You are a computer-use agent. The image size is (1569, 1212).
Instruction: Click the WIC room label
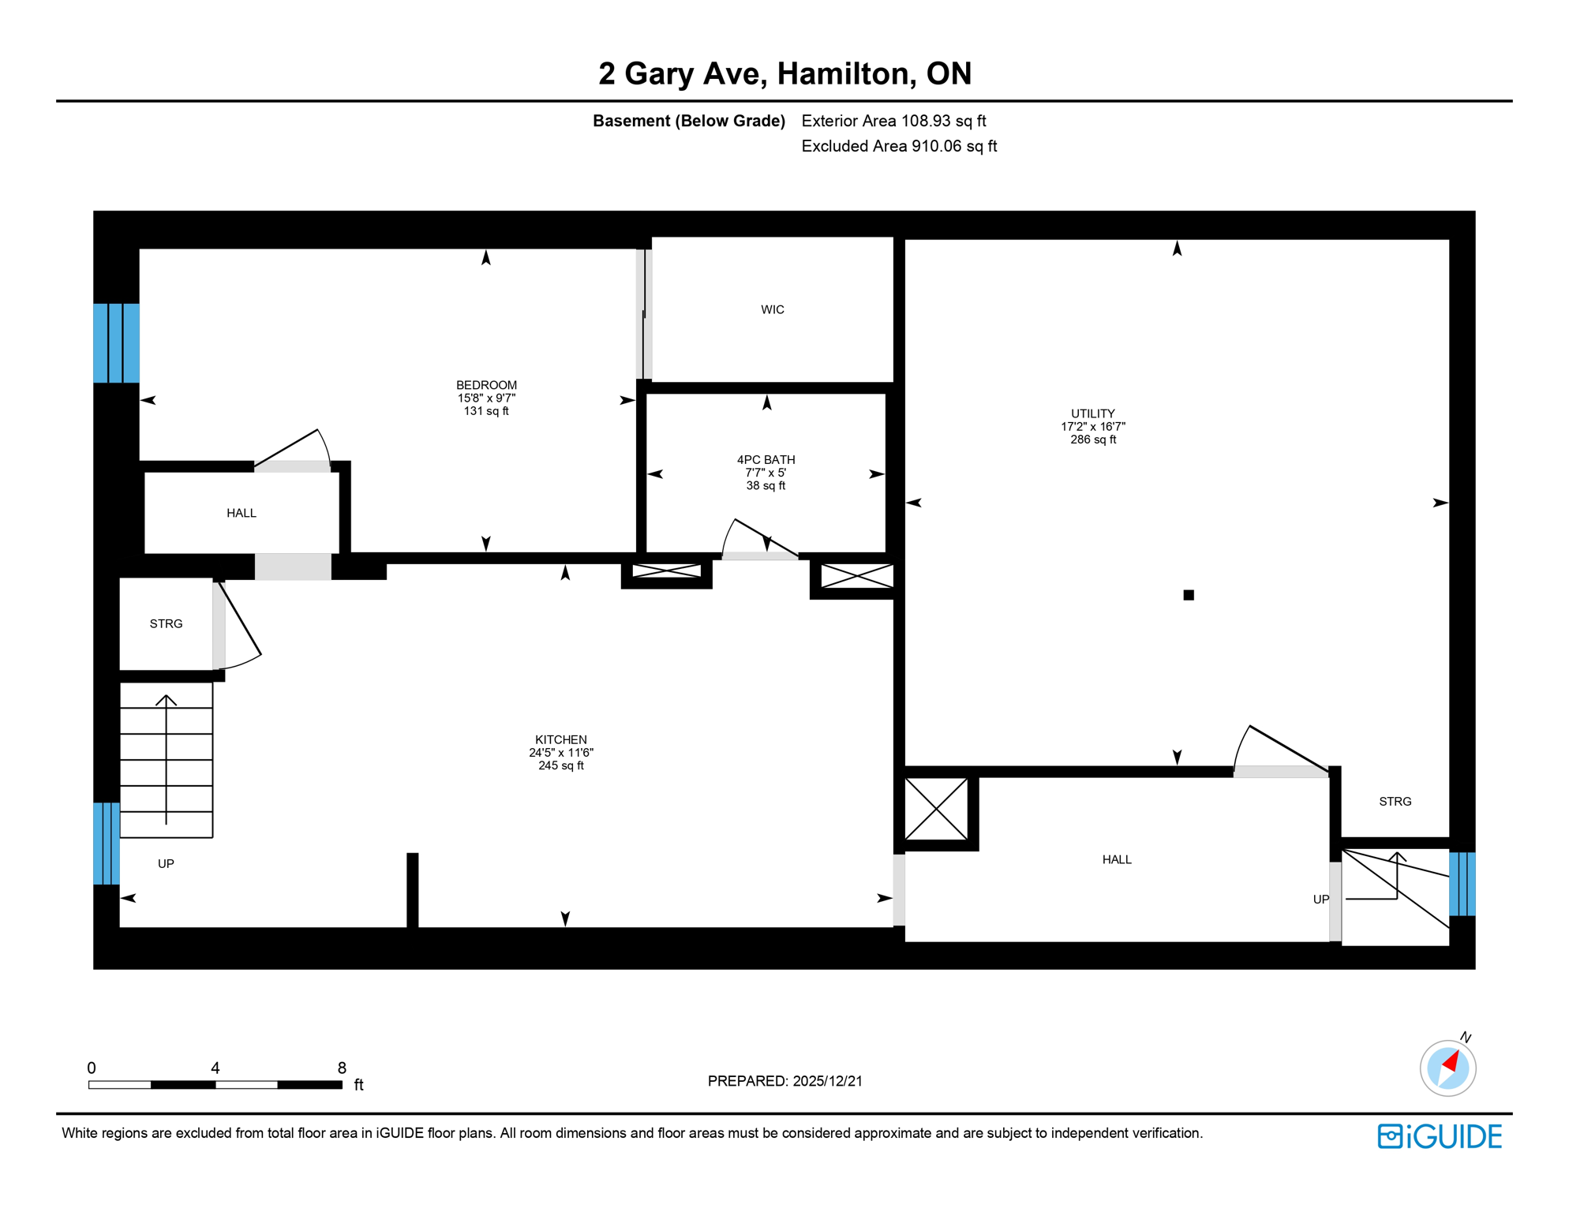click(772, 309)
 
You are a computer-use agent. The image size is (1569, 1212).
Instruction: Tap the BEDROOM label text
click(486, 385)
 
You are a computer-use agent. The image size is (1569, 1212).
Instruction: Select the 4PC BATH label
click(766, 459)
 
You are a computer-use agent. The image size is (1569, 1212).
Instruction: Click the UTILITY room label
click(1092, 413)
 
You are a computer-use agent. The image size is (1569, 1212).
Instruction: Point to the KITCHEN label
click(560, 739)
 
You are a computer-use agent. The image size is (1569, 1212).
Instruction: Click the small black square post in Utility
click(1189, 595)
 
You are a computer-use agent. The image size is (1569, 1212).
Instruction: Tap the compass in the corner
click(1447, 1068)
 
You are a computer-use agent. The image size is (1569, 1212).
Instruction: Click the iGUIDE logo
click(1440, 1136)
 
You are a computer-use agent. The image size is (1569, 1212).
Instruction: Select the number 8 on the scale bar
click(342, 1068)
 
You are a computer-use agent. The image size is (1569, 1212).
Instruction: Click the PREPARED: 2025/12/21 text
click(784, 1081)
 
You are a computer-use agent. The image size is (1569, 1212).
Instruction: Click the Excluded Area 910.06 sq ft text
click(899, 146)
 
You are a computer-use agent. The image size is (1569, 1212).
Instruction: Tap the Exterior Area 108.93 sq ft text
click(893, 121)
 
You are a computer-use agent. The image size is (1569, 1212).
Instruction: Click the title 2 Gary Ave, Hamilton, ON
click(784, 73)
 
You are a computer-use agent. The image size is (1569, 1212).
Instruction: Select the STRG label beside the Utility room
click(1395, 801)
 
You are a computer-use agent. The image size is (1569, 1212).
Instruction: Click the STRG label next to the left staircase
click(166, 623)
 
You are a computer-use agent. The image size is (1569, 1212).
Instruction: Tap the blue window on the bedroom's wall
click(116, 342)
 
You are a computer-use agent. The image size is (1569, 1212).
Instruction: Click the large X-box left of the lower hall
click(936, 809)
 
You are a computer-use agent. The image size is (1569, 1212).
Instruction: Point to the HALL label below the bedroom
click(242, 513)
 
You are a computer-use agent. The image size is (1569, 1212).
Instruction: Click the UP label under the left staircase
click(166, 863)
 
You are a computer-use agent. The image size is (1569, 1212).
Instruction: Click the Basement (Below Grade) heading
click(688, 121)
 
